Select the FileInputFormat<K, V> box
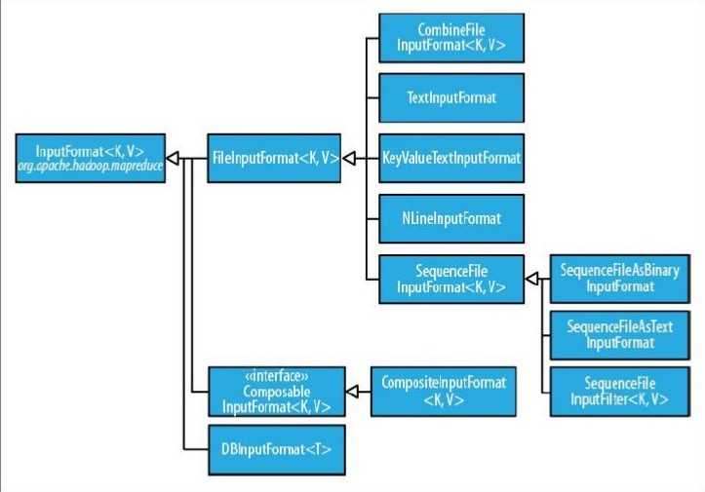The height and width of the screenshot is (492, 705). pos(273,156)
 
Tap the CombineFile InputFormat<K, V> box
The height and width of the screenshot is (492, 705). pos(450,40)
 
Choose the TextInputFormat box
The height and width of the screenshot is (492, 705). pos(450,98)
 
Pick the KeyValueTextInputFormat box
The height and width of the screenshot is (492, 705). pos(450,157)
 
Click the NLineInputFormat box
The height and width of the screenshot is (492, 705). pos(450,216)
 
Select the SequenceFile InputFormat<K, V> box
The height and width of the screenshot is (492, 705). pos(450,279)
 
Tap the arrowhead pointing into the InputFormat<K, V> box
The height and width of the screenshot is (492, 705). pos(172,156)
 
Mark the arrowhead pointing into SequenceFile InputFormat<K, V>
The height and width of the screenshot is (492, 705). pos(532,279)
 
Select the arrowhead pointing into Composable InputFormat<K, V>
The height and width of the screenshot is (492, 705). pos(353,392)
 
